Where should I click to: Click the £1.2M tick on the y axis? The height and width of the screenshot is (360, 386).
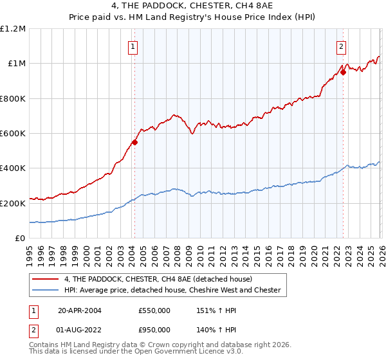tap(13, 29)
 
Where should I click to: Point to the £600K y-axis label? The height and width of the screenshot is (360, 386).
tap(13, 134)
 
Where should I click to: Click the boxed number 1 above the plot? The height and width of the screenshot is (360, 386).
tap(133, 46)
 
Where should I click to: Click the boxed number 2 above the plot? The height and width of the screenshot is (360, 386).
tap(340, 46)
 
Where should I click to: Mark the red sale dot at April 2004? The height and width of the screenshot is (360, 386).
tap(134, 142)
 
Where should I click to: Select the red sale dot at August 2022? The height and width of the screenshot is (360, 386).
tap(343, 72)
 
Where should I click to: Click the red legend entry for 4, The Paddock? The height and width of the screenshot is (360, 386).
tap(160, 279)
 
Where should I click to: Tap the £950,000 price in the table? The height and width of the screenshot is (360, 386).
tap(154, 329)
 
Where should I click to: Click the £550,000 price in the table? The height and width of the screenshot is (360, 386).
tap(154, 310)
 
